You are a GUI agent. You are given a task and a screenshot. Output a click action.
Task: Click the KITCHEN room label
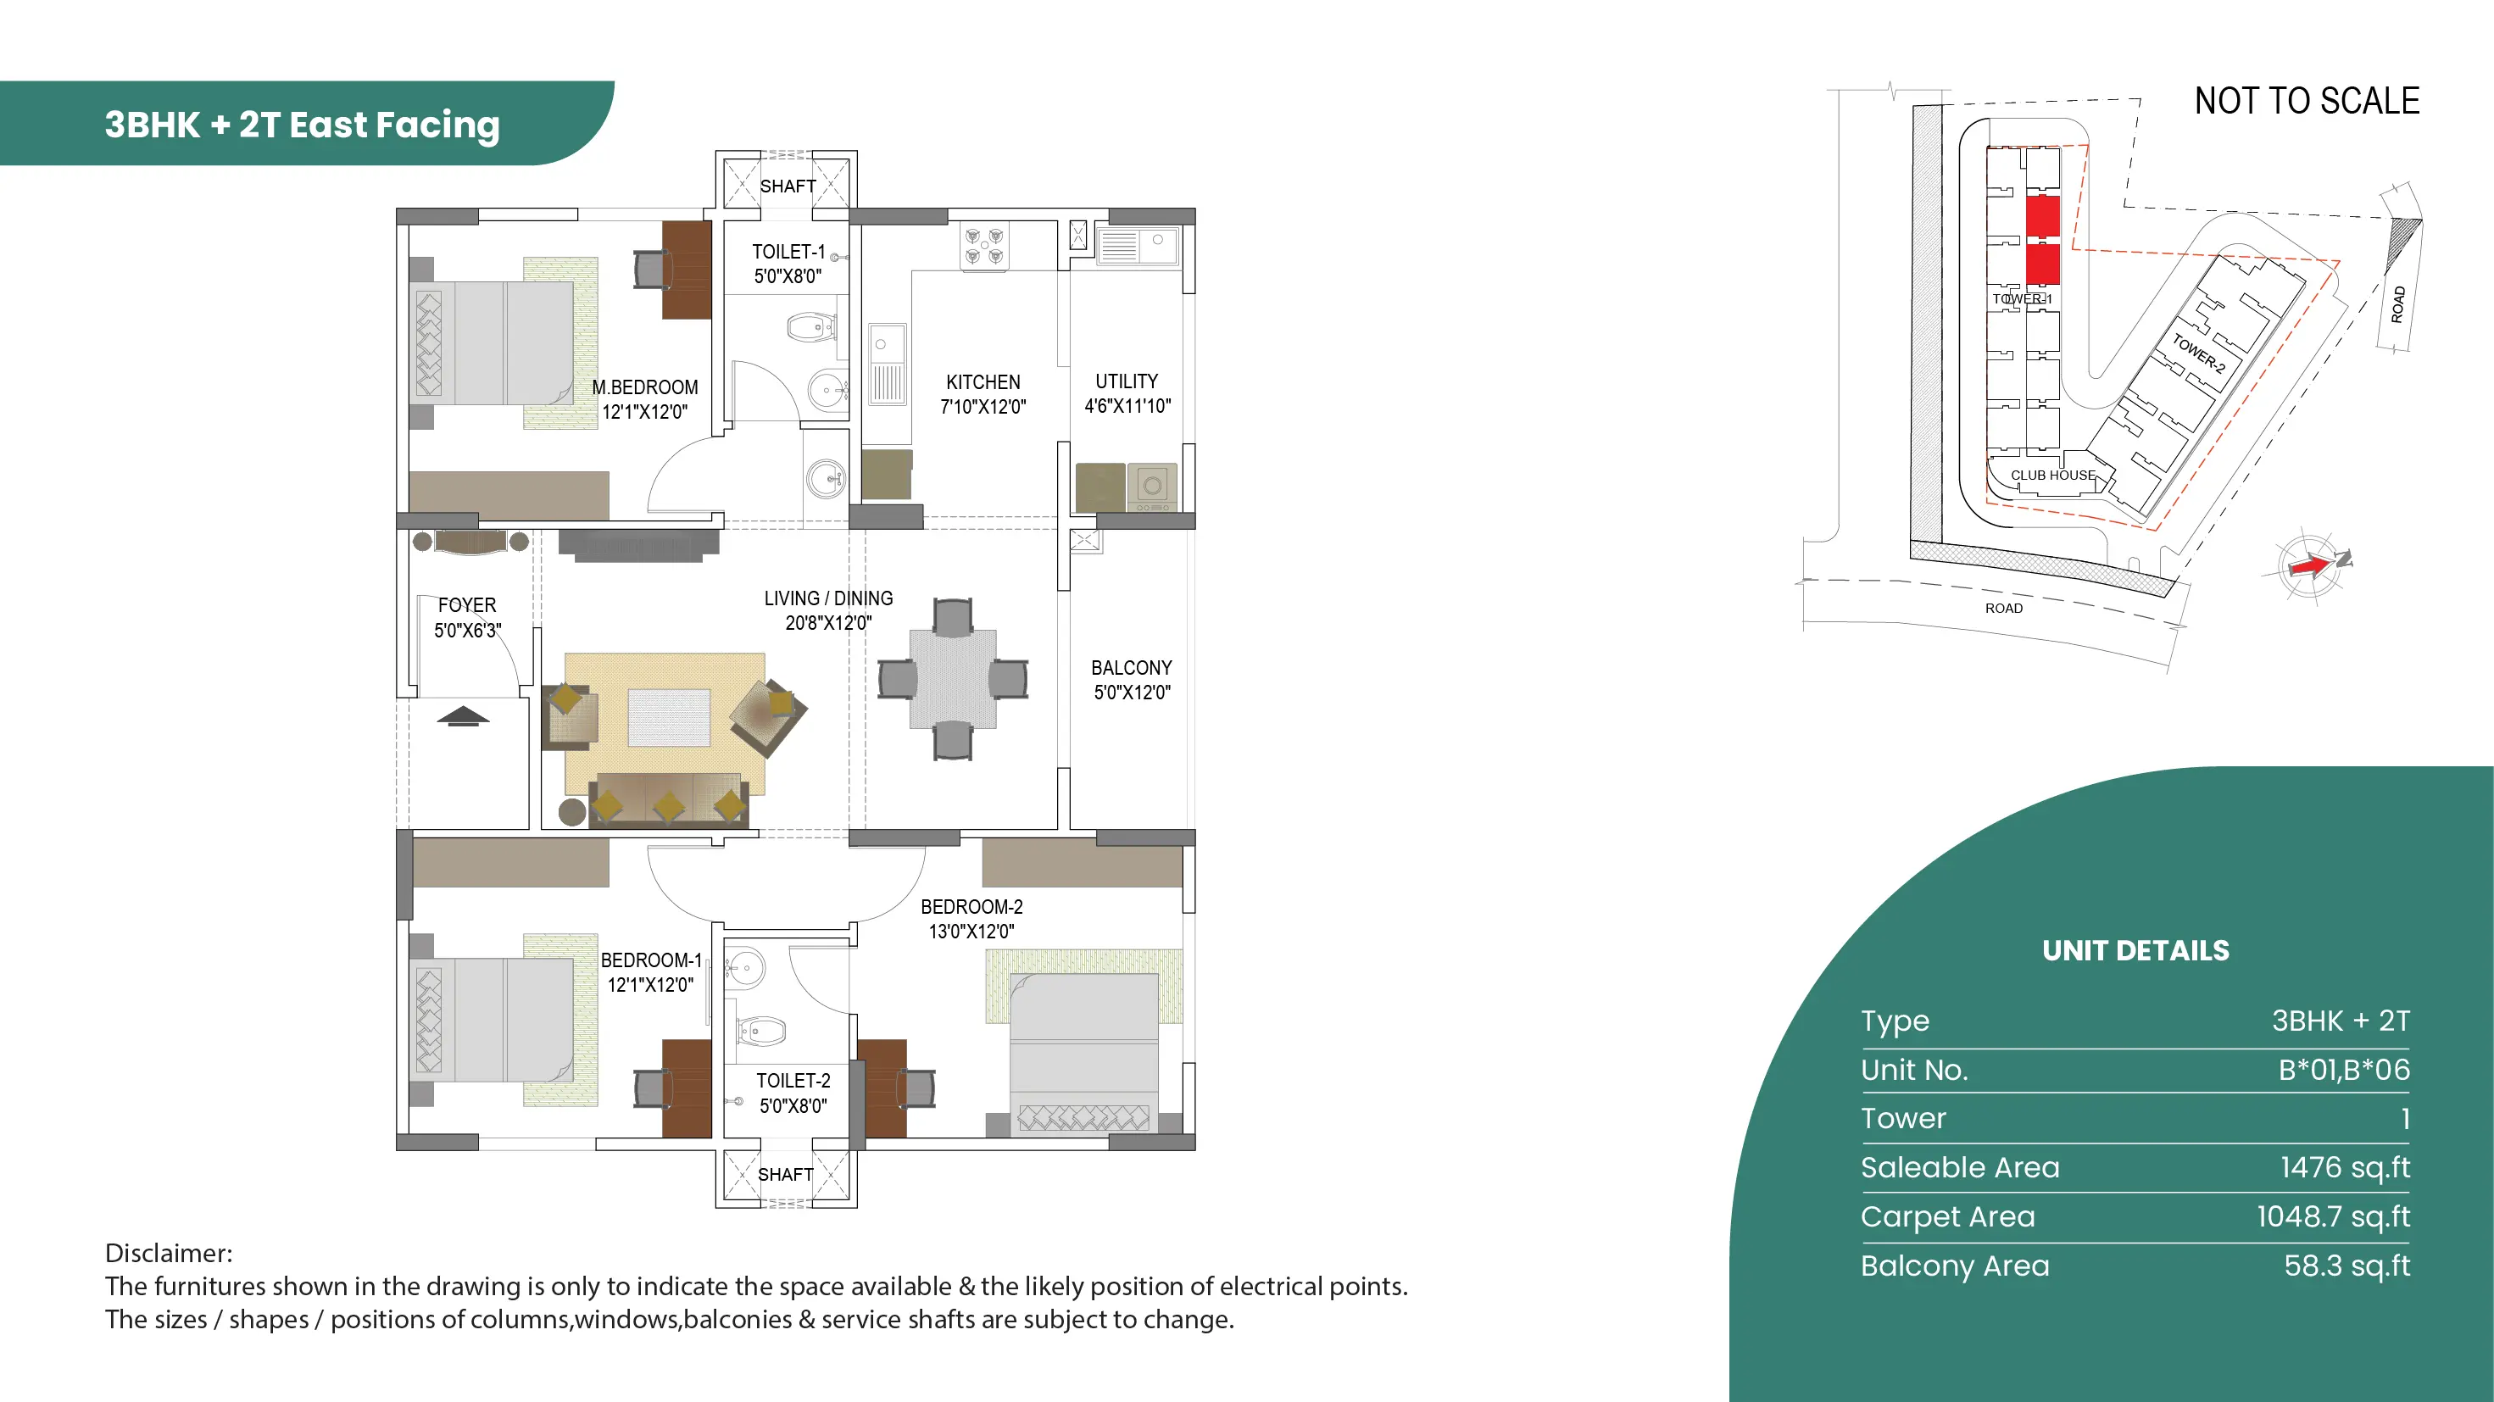click(983, 382)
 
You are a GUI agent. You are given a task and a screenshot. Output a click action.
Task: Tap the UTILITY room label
click(1126, 381)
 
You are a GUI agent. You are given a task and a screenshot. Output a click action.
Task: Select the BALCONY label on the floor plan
click(1131, 668)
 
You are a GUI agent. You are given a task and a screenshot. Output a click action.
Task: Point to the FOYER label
click(466, 605)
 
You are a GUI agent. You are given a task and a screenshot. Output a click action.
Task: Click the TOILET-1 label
click(788, 252)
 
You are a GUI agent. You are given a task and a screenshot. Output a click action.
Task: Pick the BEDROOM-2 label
click(971, 907)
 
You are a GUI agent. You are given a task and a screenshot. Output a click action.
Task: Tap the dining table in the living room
click(953, 679)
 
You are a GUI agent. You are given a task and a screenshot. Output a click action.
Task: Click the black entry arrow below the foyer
click(463, 716)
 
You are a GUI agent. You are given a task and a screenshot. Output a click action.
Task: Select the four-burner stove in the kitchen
click(983, 247)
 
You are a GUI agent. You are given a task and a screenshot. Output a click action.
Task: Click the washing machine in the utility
click(1152, 487)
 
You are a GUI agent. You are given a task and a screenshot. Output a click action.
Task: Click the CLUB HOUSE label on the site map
click(2052, 476)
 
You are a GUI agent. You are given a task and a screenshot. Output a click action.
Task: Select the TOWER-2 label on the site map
click(2198, 353)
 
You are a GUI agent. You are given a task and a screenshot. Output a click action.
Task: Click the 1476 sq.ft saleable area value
click(2345, 1168)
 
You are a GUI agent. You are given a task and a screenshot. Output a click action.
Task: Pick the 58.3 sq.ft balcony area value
click(2346, 1266)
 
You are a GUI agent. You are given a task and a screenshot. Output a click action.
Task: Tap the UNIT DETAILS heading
click(2135, 951)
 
